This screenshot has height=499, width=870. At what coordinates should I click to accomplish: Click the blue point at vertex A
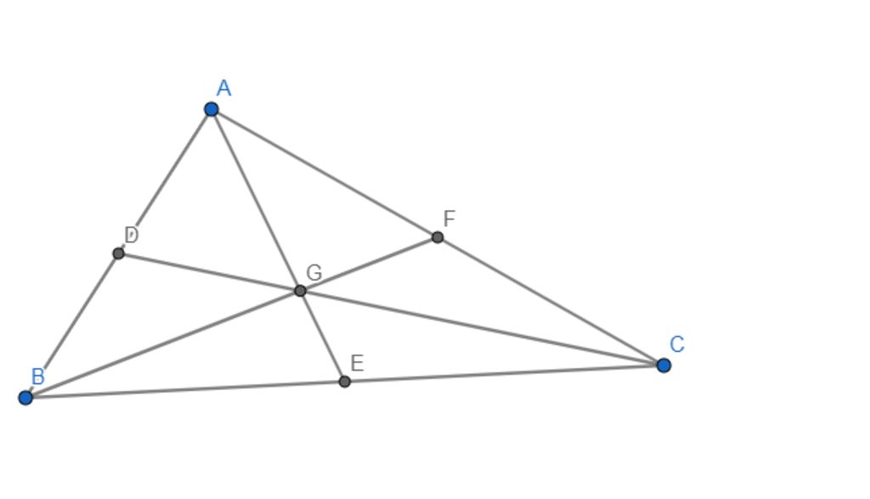click(212, 109)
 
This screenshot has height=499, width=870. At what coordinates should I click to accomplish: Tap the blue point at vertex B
click(25, 397)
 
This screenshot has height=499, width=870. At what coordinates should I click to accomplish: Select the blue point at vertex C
click(664, 365)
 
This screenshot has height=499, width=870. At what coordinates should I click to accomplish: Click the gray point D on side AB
click(118, 253)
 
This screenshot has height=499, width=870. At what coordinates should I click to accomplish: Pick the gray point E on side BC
click(344, 382)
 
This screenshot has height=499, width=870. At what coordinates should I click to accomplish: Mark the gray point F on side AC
click(438, 237)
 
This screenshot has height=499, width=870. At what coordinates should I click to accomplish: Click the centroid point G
click(300, 291)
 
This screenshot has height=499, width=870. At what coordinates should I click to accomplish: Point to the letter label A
click(223, 88)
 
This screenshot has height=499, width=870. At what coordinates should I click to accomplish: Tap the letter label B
click(37, 377)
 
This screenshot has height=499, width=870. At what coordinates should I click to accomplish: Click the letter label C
click(677, 344)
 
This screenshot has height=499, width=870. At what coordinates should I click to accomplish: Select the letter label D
click(131, 235)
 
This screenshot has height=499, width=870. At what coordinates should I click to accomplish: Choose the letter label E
click(357, 364)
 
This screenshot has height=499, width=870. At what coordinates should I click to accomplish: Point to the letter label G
click(314, 273)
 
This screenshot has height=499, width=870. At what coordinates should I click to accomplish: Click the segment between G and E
click(322, 336)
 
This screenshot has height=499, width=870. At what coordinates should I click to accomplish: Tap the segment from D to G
click(209, 272)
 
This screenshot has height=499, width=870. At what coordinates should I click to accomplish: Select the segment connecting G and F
click(369, 264)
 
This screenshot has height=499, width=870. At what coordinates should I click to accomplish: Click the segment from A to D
click(165, 181)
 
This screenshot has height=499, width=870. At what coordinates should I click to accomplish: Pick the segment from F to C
click(551, 301)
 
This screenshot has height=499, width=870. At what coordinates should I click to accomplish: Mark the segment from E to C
click(504, 373)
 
